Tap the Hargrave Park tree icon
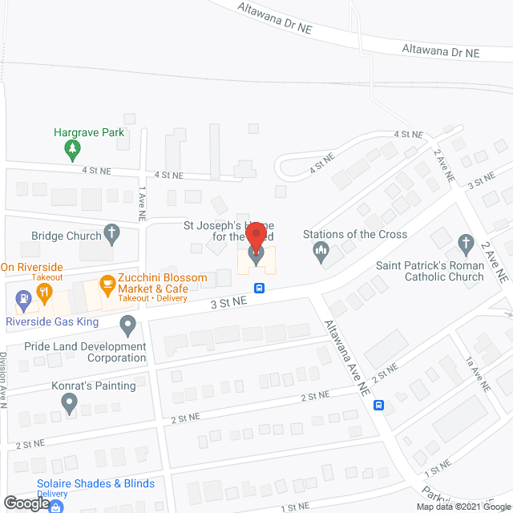[73, 148]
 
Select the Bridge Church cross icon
[113, 236]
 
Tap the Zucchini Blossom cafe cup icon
[106, 283]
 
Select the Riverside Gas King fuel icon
[23, 301]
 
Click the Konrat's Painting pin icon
[69, 402]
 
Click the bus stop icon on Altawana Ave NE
[379, 405]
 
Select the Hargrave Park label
[89, 132]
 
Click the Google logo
[26, 503]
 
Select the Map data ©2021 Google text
[463, 507]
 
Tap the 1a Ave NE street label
[477, 375]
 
